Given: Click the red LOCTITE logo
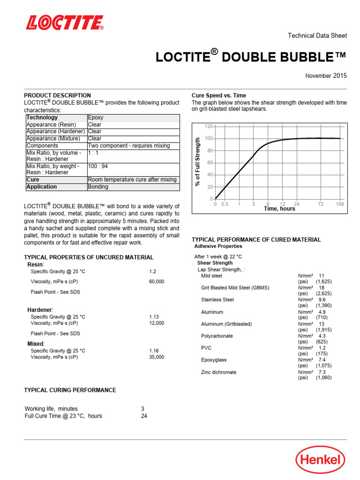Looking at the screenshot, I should point(65,22).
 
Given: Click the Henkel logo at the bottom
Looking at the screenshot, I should point(320,459).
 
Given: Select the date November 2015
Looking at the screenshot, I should point(326,75).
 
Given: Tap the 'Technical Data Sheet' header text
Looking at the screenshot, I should point(317,36).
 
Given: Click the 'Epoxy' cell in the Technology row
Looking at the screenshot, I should point(96,118).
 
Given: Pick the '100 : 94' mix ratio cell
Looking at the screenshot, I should point(101,166).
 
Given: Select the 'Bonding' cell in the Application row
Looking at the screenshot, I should point(98,187).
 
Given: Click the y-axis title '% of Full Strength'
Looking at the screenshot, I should point(197,162).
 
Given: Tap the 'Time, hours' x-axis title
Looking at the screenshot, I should point(279,209).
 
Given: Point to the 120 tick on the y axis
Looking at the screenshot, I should point(209,127).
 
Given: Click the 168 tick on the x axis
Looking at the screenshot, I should point(340,204).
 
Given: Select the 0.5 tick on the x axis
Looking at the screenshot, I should point(225,204).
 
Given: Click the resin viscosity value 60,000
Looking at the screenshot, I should point(157,281).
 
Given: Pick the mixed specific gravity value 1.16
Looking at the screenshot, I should point(154,351).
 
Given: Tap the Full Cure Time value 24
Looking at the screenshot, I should point(144,416).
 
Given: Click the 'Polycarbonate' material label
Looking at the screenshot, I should point(217,336).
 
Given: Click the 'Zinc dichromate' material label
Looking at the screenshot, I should point(218,372).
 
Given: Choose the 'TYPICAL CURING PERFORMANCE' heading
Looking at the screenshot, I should point(70,390).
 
